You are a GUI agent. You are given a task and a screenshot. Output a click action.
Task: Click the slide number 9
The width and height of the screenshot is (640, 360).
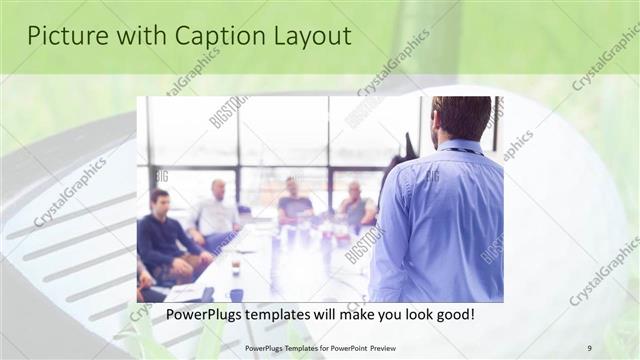(x=589, y=347)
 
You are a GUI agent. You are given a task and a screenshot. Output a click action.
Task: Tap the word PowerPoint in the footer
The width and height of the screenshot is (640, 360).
(x=341, y=347)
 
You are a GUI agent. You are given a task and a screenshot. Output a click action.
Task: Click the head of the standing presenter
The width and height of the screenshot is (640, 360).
(x=461, y=118)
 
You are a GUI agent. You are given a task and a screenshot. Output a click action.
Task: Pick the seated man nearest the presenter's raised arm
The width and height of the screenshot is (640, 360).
(x=355, y=207)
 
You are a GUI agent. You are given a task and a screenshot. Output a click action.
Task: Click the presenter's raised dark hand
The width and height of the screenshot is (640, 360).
(x=408, y=146)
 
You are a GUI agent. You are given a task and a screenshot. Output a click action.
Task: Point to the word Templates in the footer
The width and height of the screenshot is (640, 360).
(x=288, y=347)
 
